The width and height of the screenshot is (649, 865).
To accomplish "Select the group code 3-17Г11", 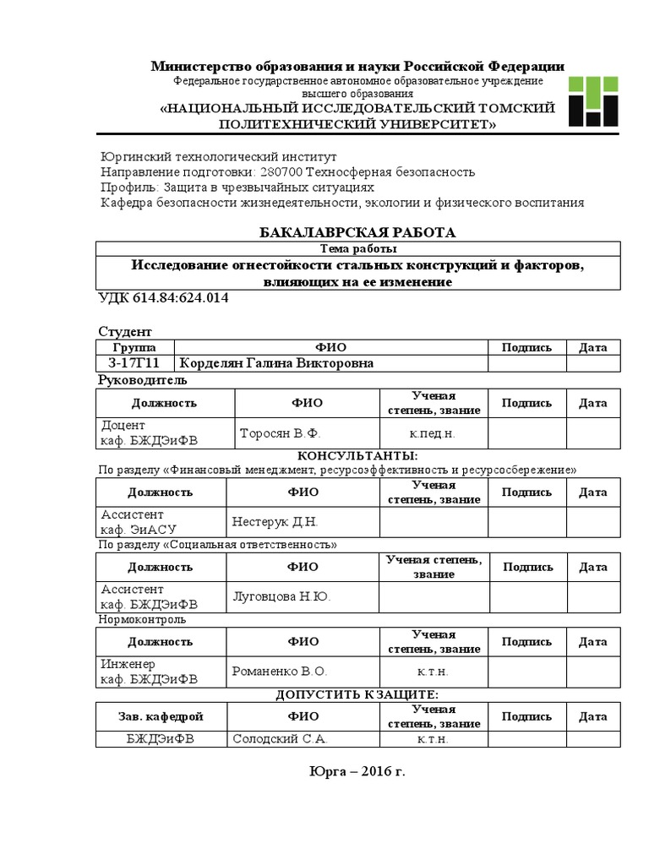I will pyautogui.click(x=134, y=363).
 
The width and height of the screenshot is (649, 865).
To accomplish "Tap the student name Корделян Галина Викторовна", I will pyautogui.click(x=275, y=363).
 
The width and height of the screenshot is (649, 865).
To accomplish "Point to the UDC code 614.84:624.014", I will pyautogui.click(x=164, y=299).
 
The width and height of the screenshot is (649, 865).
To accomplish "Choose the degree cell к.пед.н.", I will pyautogui.click(x=433, y=433).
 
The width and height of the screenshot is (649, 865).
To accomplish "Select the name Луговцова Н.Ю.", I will pyautogui.click(x=281, y=597).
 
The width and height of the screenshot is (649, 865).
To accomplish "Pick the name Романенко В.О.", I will pyautogui.click(x=279, y=672).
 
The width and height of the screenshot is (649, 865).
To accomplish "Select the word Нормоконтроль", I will pyautogui.click(x=142, y=619).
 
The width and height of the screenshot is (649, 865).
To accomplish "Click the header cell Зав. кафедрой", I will pyautogui.click(x=161, y=717).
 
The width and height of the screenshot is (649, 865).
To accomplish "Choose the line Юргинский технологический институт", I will pyautogui.click(x=218, y=157).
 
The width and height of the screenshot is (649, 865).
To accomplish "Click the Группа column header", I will pyautogui.click(x=134, y=347).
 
